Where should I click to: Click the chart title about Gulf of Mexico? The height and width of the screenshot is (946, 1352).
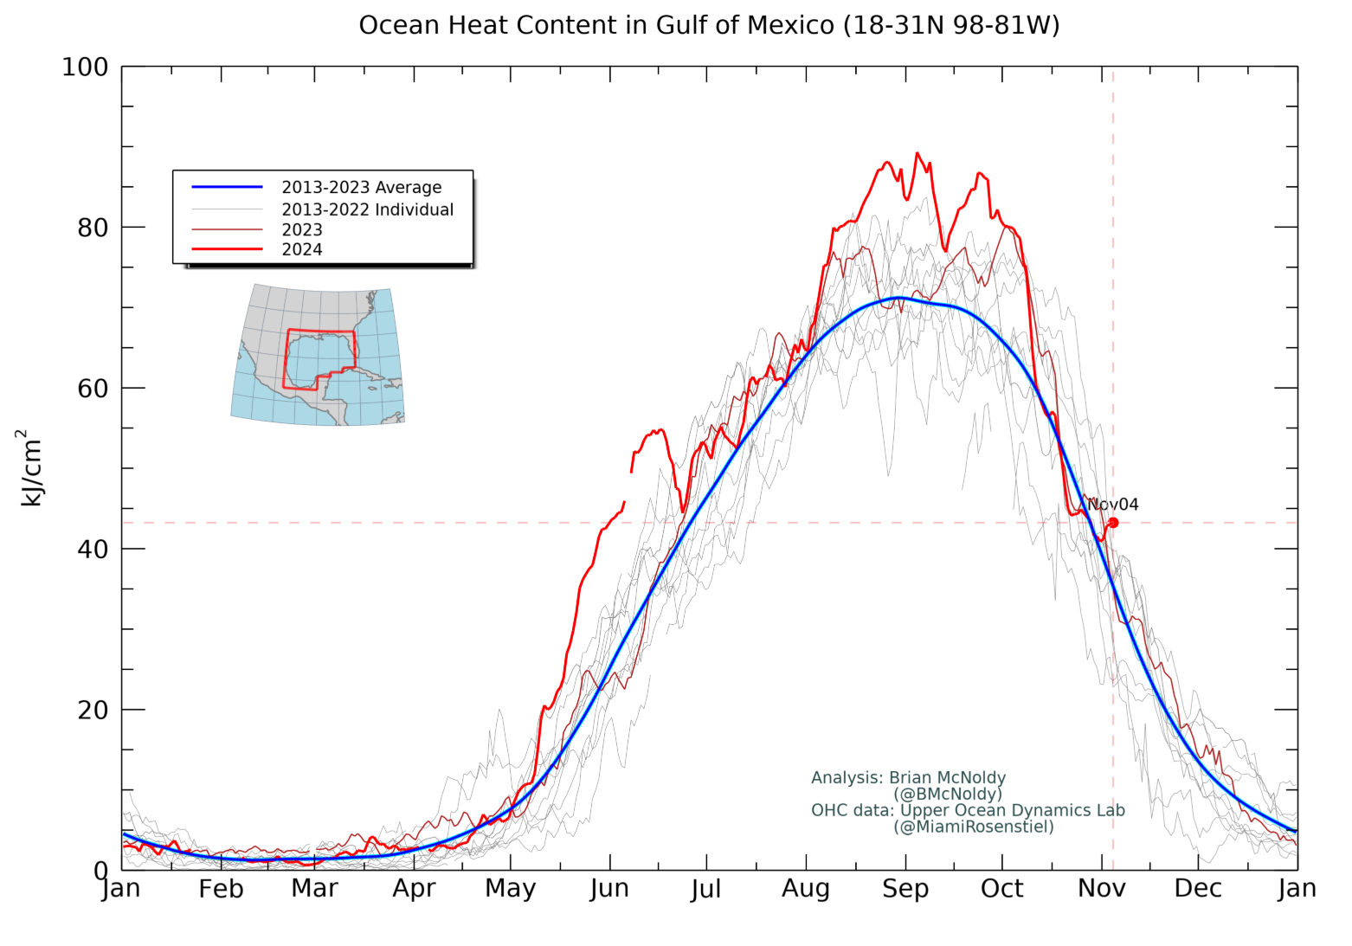[x=709, y=25]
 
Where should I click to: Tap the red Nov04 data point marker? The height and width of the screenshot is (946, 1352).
[x=1113, y=523]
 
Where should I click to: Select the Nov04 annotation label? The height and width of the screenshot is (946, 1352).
[x=1113, y=505]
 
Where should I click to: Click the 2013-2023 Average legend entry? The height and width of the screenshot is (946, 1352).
[x=361, y=187]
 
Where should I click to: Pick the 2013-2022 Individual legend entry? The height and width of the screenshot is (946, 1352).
[x=367, y=209]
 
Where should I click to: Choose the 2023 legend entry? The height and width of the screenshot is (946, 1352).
[x=301, y=229]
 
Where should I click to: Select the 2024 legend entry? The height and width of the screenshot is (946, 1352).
[x=301, y=249]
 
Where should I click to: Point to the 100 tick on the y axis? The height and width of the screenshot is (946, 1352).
[x=85, y=67]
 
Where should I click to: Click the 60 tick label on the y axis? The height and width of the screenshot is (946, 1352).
[x=93, y=389]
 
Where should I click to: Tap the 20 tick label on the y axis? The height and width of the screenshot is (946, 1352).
[x=93, y=710]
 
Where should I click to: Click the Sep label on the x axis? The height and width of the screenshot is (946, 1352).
[x=905, y=889]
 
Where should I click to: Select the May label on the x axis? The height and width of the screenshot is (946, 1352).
[x=510, y=889]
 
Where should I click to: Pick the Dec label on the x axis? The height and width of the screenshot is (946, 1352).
[x=1198, y=889]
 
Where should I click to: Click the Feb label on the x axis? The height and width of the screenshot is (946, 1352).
[x=221, y=889]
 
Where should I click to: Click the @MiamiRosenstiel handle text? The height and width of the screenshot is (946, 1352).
[x=974, y=827]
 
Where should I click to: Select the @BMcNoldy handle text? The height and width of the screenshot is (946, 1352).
[x=948, y=794]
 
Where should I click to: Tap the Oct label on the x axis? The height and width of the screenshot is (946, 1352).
[x=1002, y=889]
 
